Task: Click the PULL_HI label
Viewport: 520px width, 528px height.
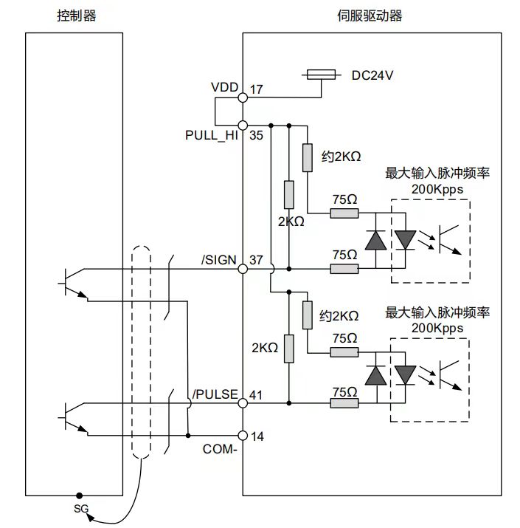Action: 211,136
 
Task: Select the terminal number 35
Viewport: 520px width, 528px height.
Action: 256,136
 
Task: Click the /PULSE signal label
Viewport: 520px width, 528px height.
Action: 215,394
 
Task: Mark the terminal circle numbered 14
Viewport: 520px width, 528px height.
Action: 243,435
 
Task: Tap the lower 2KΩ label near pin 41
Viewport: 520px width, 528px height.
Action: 265,347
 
